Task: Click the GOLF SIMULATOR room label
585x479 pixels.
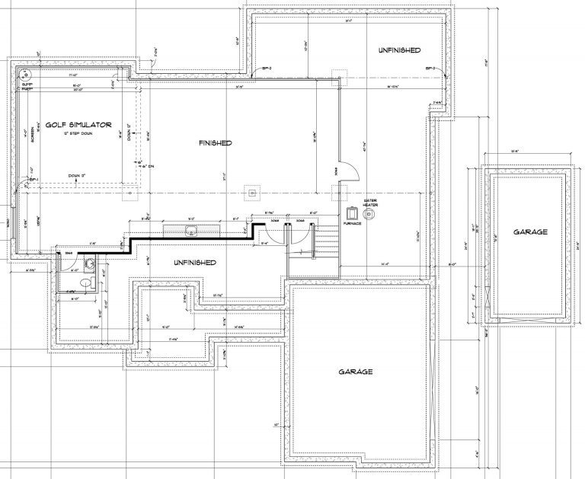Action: pyautogui.click(x=78, y=124)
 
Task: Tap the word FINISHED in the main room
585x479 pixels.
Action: pyautogui.click(x=215, y=143)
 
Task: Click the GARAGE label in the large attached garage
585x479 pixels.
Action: pyautogui.click(x=356, y=372)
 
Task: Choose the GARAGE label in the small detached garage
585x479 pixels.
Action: pyautogui.click(x=530, y=232)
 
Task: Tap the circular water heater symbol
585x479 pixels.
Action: pyautogui.click(x=370, y=216)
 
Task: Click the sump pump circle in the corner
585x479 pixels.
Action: pyautogui.click(x=25, y=75)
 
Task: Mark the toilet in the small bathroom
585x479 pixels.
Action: pyautogui.click(x=86, y=281)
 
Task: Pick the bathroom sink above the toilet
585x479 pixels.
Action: pyautogui.click(x=90, y=265)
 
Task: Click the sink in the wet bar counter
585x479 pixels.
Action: pyautogui.click(x=191, y=230)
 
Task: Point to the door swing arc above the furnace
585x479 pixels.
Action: pyautogui.click(x=347, y=171)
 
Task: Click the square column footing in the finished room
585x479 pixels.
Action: pyautogui.click(x=251, y=191)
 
